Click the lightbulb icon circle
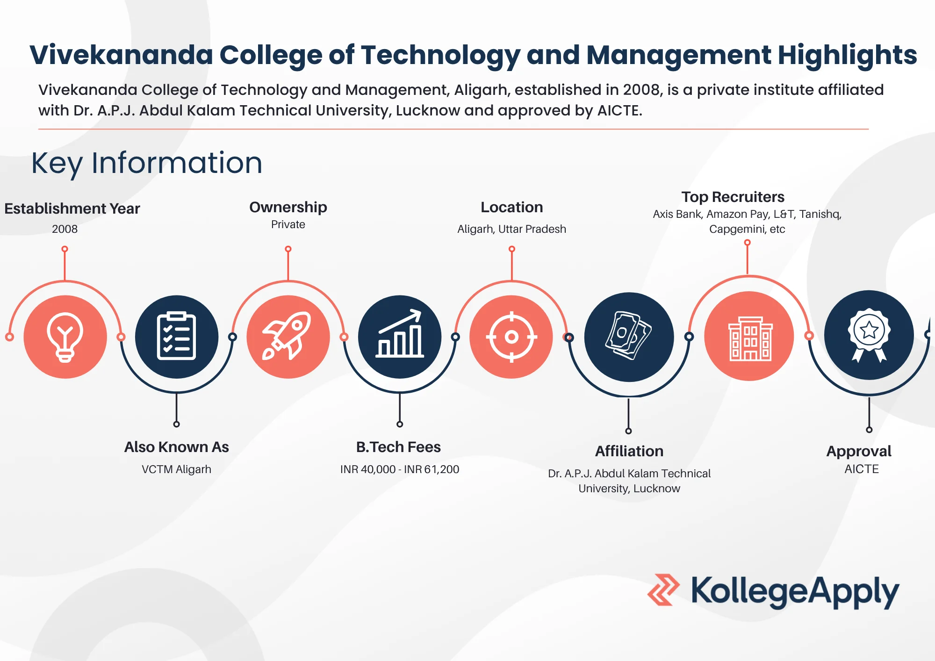[x=65, y=337]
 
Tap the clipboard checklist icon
[x=176, y=337]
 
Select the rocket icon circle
[x=288, y=337]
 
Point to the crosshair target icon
[x=511, y=337]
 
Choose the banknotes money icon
[x=629, y=337]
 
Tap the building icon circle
[x=749, y=336]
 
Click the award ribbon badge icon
[x=869, y=335]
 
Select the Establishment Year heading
[x=72, y=208]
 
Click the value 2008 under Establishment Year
[x=65, y=229]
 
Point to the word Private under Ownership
[x=288, y=224]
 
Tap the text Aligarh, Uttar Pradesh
[x=511, y=229]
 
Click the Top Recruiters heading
[x=733, y=197]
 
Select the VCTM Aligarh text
[x=176, y=469]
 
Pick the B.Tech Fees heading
[x=398, y=447]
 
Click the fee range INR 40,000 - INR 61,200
[x=400, y=469]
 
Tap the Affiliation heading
[x=629, y=451]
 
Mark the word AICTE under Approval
[x=861, y=469]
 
